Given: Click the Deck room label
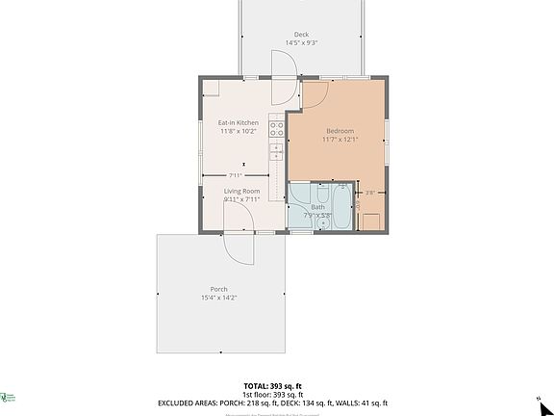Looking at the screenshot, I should pyautogui.click(x=301, y=35).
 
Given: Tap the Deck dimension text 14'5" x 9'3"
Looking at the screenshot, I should pyautogui.click(x=301, y=43).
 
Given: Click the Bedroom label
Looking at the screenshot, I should pyautogui.click(x=340, y=131).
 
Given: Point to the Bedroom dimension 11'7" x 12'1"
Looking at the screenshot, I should pyautogui.click(x=340, y=140).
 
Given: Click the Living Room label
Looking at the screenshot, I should pyautogui.click(x=242, y=191).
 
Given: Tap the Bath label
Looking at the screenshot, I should pyautogui.click(x=317, y=206).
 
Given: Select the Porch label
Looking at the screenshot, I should pyautogui.click(x=219, y=289).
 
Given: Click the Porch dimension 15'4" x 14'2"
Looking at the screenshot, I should pyautogui.click(x=219, y=298).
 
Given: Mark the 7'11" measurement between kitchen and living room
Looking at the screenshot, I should pyautogui.click(x=236, y=175).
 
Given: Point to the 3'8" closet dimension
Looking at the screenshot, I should pyautogui.click(x=370, y=193).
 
